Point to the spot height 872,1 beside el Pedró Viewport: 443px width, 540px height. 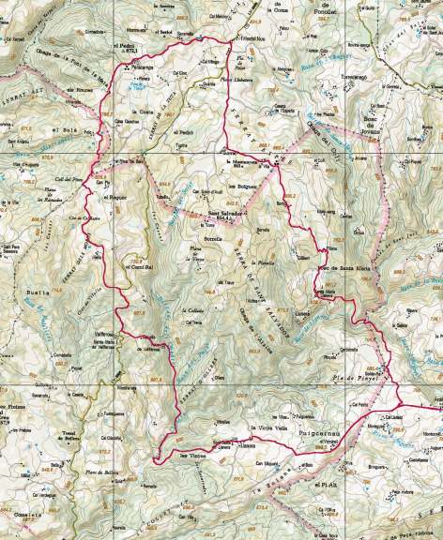[x=129, y=52]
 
